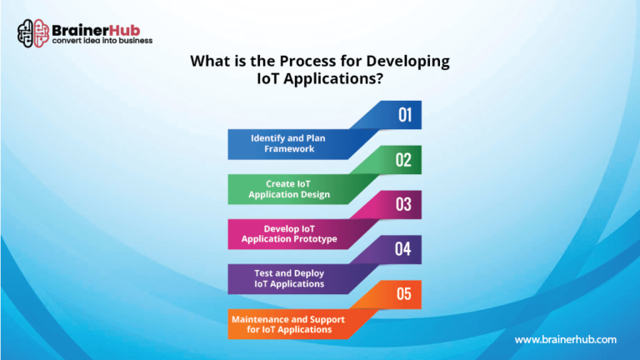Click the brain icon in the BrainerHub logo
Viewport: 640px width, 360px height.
[33, 33]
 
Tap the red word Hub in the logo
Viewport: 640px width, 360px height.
[124, 30]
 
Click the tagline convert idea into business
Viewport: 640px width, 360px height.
[102, 41]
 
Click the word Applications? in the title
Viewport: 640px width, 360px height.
[333, 78]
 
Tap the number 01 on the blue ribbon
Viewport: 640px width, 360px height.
[405, 115]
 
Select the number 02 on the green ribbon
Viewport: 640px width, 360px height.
[403, 160]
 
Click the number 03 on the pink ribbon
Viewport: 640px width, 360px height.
[403, 204]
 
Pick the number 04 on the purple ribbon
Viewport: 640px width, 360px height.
[402, 249]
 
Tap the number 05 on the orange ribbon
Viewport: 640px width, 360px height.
[403, 294]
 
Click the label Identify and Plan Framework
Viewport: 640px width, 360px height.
[288, 143]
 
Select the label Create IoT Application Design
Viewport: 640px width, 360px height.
[289, 189]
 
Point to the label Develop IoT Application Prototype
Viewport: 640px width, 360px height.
[289, 234]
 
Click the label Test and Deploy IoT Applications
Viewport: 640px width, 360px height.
[289, 278]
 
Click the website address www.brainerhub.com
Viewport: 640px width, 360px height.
[565, 340]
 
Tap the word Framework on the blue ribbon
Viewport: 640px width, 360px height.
[289, 148]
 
